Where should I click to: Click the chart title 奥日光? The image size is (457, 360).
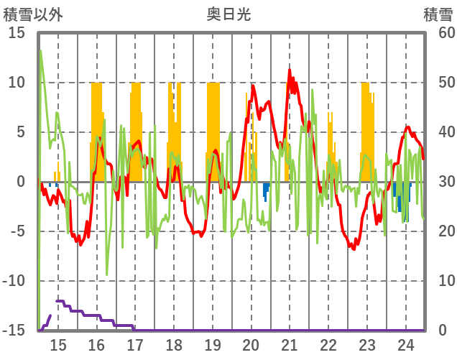click(228, 14)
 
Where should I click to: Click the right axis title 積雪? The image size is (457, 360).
click(438, 14)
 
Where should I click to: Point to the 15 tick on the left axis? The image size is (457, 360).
click(17, 33)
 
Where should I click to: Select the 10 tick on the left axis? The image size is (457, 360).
click(17, 83)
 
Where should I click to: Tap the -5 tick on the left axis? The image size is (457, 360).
click(17, 232)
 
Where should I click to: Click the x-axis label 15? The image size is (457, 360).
click(58, 344)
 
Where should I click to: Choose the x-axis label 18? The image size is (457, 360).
click(174, 344)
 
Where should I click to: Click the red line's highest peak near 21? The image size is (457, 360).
click(290, 70)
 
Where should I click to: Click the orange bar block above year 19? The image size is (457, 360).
click(213, 129)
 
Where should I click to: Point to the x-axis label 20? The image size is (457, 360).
click(251, 344)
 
